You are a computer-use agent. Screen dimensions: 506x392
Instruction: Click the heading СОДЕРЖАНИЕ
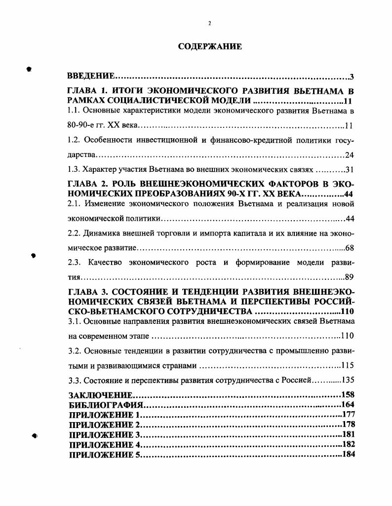pos(210,47)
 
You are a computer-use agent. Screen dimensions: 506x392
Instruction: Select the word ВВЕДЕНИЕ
pos(91,77)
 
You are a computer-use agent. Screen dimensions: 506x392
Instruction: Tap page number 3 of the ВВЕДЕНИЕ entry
pos(352,77)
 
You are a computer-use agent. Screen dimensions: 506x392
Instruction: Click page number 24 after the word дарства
pos(350,156)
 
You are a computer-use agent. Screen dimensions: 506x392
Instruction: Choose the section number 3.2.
pos(74,351)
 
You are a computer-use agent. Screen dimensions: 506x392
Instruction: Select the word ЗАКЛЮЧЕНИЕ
pos(101,395)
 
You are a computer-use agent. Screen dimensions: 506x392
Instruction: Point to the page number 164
pos(348,405)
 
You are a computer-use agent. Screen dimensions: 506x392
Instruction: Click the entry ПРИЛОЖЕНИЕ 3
pos(105,435)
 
